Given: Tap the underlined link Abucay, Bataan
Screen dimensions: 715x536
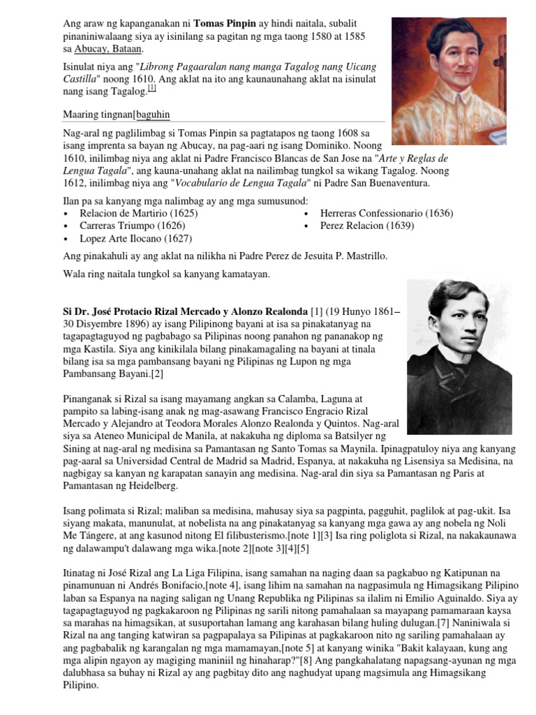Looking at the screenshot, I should point(109,49).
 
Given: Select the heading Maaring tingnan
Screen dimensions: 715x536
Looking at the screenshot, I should point(98,114).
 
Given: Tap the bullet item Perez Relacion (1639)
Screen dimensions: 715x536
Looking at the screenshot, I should point(366,226).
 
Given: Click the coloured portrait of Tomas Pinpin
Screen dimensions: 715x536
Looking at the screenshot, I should point(449,81).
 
